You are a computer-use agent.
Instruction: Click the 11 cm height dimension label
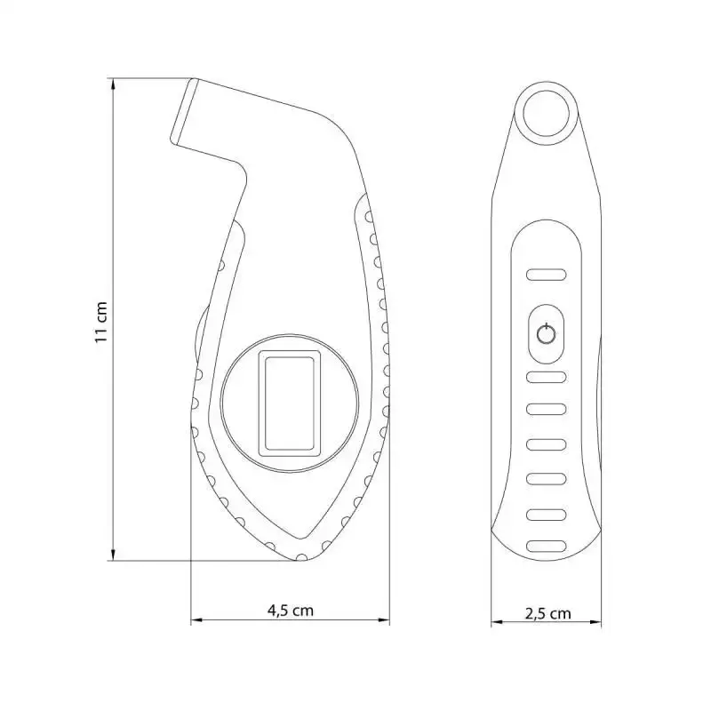(x=101, y=323)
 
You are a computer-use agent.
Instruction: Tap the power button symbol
(x=546, y=335)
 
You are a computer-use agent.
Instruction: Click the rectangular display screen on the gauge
(x=290, y=403)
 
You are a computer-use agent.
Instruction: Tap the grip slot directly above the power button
(x=546, y=275)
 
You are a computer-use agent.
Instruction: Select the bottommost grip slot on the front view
(x=546, y=546)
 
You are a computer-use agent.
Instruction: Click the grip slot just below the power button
(x=546, y=377)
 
